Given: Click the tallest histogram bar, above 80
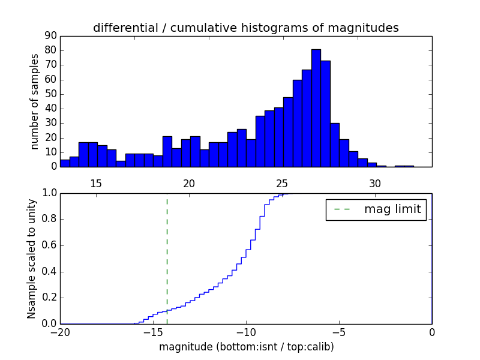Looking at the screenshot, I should (x=316, y=108).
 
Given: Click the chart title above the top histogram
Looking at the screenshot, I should (x=246, y=28).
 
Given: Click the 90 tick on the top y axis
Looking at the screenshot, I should (x=50, y=36).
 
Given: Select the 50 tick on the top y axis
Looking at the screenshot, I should (x=50, y=94).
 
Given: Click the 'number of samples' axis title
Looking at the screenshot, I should (x=35, y=101).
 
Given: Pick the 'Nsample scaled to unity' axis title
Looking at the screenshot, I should (x=31, y=258).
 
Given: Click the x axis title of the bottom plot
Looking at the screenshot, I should (x=246, y=347).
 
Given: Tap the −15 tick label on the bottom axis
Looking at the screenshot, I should (x=152, y=333).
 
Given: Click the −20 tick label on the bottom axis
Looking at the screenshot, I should (x=60, y=333).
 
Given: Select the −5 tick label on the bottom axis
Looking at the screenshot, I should (x=338, y=333).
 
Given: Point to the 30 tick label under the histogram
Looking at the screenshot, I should (x=375, y=184).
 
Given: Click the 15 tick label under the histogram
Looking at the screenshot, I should (x=96, y=184).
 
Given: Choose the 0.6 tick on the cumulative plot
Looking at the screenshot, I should (x=50, y=245).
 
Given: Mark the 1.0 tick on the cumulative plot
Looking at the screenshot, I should (x=50, y=193).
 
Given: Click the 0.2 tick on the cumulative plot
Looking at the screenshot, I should (x=50, y=298).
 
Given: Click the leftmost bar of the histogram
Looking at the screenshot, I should (x=65, y=163).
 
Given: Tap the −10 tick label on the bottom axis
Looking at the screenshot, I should (x=245, y=333).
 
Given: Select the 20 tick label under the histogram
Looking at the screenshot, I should (x=189, y=184).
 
